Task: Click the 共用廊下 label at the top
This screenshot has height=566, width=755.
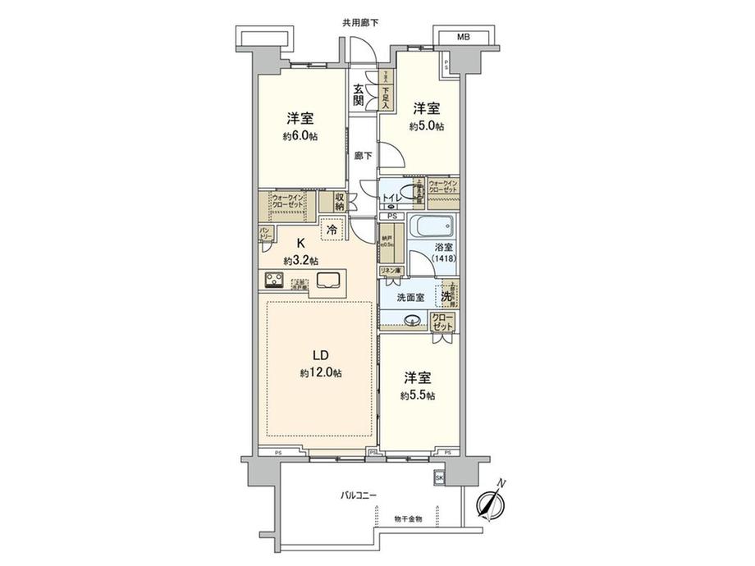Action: [364, 22]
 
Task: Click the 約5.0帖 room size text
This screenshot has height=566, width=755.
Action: [428, 126]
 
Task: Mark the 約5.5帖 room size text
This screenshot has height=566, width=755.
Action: [418, 395]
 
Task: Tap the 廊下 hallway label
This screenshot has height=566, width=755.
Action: [361, 154]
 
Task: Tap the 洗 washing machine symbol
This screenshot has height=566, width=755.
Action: [445, 295]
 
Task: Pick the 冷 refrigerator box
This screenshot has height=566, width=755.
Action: [332, 232]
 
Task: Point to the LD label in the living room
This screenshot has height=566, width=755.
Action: [320, 355]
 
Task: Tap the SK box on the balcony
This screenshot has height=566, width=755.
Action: [439, 477]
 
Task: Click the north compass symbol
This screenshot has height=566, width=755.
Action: [491, 503]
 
